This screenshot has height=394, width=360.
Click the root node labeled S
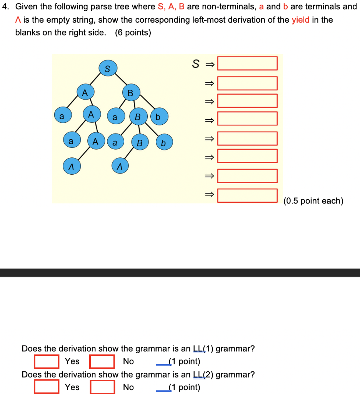(x=107, y=68)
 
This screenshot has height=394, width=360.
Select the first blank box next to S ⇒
(x=247, y=63)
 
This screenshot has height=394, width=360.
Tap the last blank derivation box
(x=247, y=195)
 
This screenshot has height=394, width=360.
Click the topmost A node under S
(x=85, y=92)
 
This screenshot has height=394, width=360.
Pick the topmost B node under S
(x=130, y=93)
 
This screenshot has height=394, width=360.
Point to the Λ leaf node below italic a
(x=120, y=166)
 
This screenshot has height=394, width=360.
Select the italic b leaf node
(x=163, y=143)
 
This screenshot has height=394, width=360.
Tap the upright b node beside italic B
(x=158, y=117)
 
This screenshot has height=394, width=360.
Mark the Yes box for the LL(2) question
(x=47, y=387)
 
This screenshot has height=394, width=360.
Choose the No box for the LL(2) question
(x=102, y=387)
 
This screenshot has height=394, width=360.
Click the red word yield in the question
(x=300, y=20)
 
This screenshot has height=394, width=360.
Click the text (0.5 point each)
(x=313, y=201)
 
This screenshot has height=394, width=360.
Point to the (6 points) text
(x=133, y=33)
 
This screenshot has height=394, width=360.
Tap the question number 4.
(x=5, y=7)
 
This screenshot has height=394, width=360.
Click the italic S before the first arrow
(x=196, y=64)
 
